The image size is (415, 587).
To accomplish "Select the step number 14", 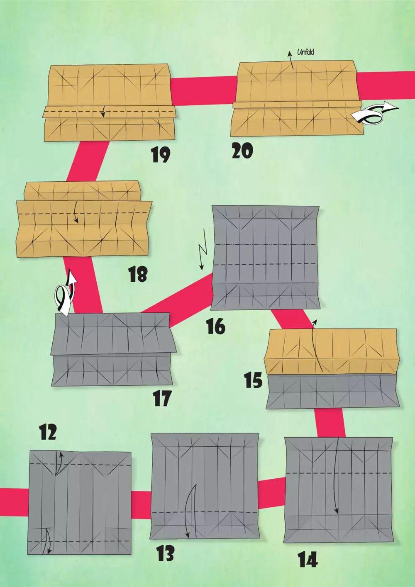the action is (308, 559).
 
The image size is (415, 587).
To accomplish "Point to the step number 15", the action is (253, 380).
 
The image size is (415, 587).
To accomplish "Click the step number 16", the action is (215, 326).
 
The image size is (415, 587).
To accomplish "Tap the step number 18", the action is (137, 274).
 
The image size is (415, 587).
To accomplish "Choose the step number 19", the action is (160, 155).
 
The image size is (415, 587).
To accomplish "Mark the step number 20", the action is (242, 151).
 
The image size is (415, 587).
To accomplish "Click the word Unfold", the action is (305, 52).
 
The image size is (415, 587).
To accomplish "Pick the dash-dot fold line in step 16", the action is (266, 244).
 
